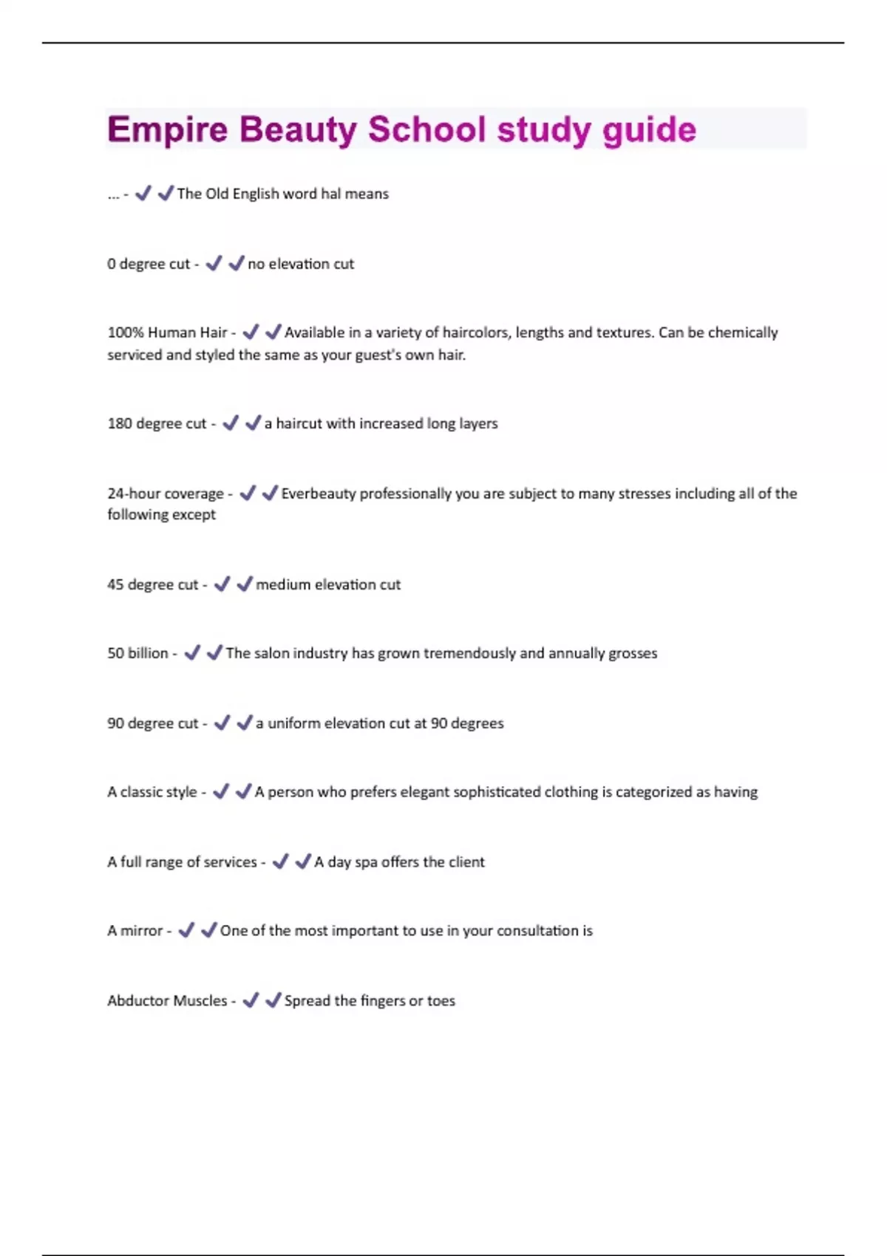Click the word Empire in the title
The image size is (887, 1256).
tap(167, 129)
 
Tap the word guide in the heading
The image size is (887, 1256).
tap(649, 131)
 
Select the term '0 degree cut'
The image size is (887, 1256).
tap(149, 264)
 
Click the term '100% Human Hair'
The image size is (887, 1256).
tap(167, 332)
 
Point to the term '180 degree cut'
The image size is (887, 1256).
tap(157, 423)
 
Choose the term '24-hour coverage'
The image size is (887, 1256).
tap(166, 494)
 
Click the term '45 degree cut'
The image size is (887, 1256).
tap(152, 584)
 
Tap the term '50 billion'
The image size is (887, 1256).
tap(137, 653)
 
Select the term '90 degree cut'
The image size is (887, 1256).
tap(152, 723)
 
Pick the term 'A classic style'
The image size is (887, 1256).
tap(152, 792)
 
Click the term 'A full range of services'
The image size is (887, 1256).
tap(182, 862)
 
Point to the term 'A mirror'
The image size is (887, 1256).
tap(135, 931)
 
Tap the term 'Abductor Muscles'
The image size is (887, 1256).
tap(167, 1001)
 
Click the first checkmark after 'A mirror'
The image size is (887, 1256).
tap(186, 929)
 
